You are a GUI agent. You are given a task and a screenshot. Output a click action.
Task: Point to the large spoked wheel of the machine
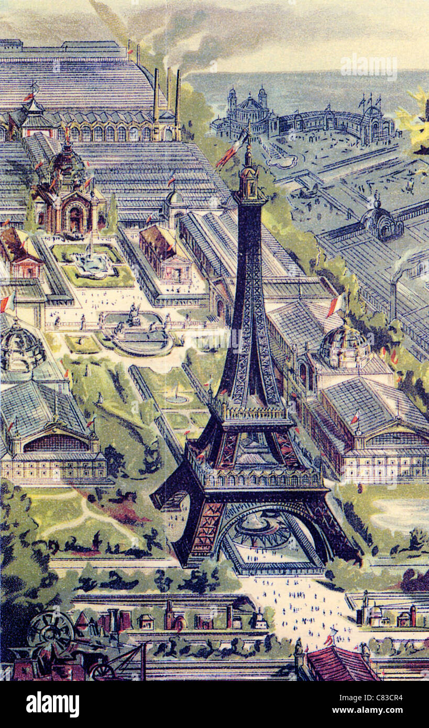coord(51,631)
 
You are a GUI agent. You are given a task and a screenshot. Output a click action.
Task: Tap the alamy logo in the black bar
coord(52,704)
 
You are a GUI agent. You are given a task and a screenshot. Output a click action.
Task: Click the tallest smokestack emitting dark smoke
coord(178,100)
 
